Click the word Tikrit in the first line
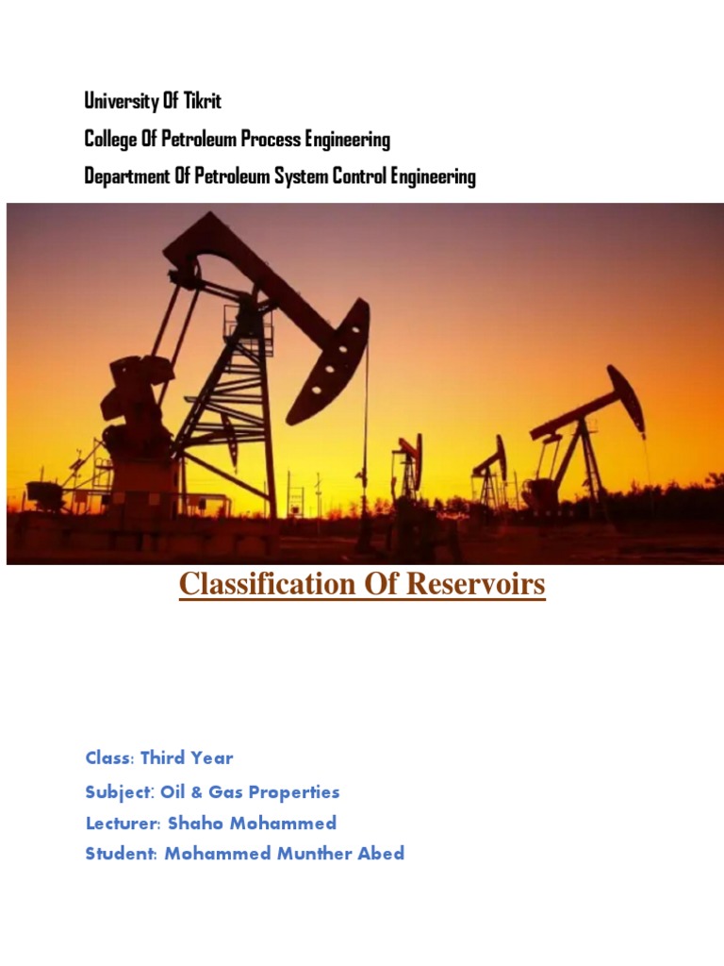198,101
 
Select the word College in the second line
110,140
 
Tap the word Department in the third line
123,176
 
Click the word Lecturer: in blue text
123,823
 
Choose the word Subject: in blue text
120,792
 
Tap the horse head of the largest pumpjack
330,358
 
